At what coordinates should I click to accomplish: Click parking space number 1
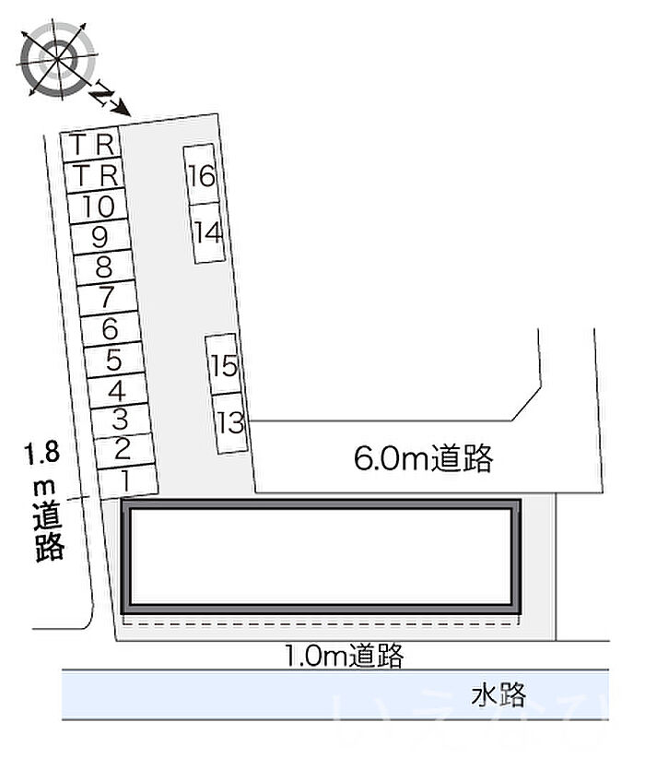pos(126,480)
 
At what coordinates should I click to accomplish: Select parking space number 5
pos(114,360)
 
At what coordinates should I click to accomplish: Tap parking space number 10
pos(98,207)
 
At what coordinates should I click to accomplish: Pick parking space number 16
pos(200,174)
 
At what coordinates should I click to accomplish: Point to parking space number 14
pos(208,232)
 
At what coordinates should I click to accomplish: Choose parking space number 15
pos(224,365)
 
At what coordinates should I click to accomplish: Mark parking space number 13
pos(230,422)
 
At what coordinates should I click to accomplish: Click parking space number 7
pos(107,299)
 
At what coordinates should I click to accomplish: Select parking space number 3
pos(120,420)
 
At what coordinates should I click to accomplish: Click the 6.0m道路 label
pos(423,457)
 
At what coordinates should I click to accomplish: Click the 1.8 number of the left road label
pos(41,453)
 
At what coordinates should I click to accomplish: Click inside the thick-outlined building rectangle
pos(322,555)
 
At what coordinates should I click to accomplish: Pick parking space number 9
pos(100,238)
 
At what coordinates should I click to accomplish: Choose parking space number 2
pos(123,450)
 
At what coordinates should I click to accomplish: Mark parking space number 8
pos(104,268)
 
